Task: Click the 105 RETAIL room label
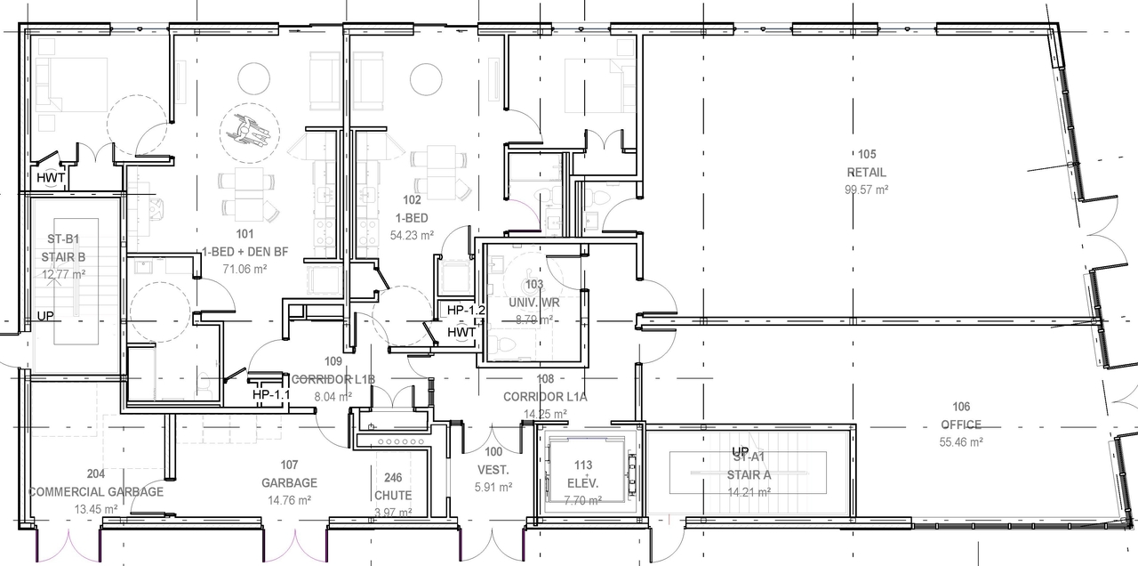(x=866, y=164)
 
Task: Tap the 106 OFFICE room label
(x=960, y=416)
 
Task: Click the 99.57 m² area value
(x=866, y=190)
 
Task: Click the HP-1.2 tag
(x=465, y=311)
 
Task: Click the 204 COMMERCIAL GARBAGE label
(x=96, y=483)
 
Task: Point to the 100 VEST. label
(x=493, y=461)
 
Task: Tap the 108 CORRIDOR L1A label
(x=545, y=388)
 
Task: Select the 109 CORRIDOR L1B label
(x=333, y=370)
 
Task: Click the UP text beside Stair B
(x=45, y=317)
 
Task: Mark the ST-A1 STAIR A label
(x=747, y=466)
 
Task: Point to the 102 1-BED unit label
(x=412, y=209)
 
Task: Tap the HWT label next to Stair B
(x=50, y=177)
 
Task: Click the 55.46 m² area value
(x=960, y=441)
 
